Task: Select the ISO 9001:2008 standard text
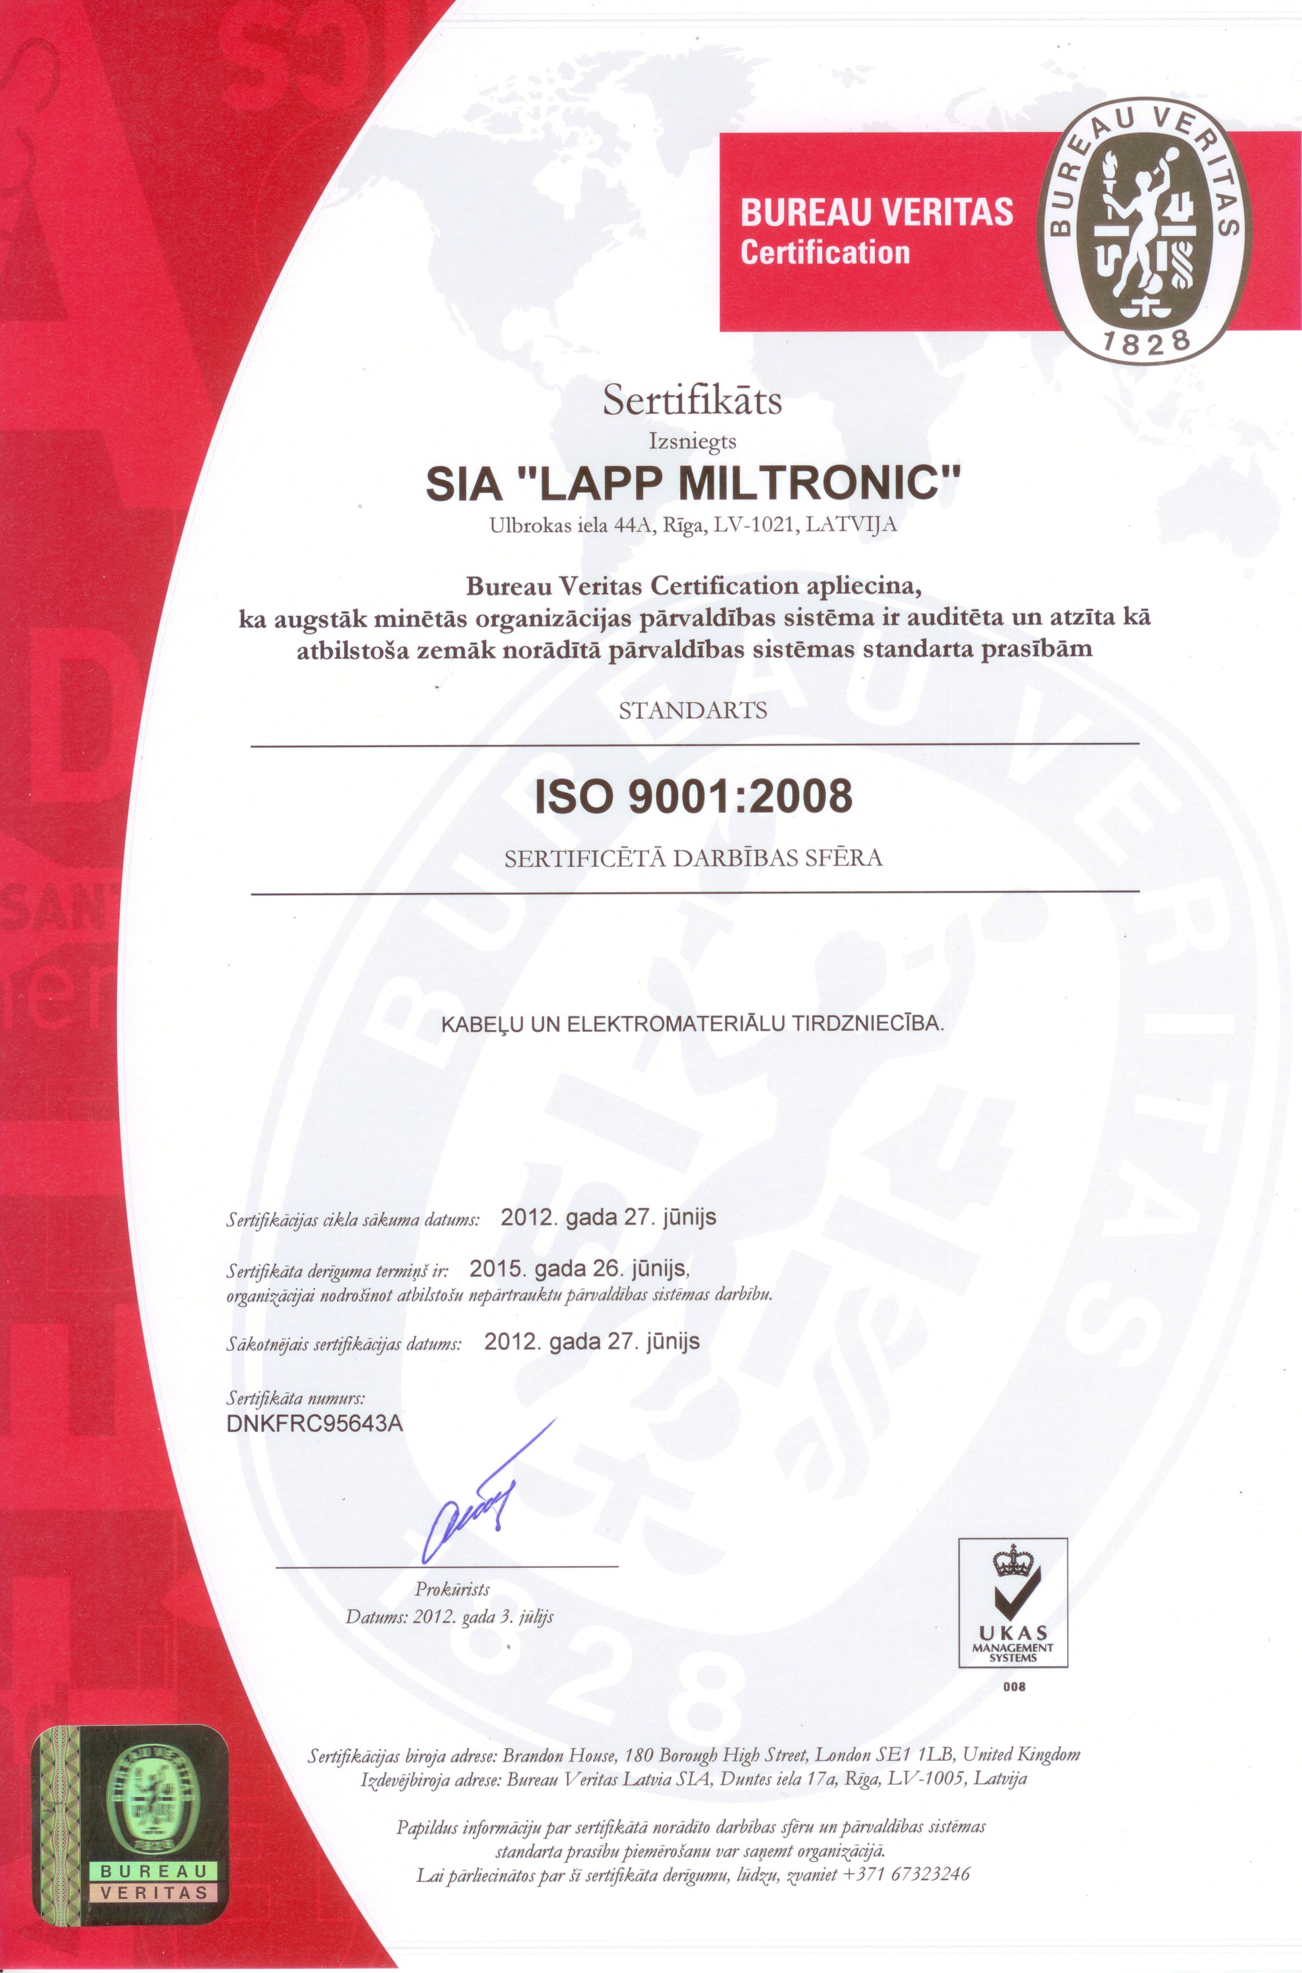pyautogui.click(x=694, y=797)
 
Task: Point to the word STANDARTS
pyautogui.click(x=694, y=711)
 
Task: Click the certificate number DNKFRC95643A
pyautogui.click(x=315, y=1423)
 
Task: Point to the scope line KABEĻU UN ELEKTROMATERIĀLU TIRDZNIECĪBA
pyautogui.click(x=693, y=1024)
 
